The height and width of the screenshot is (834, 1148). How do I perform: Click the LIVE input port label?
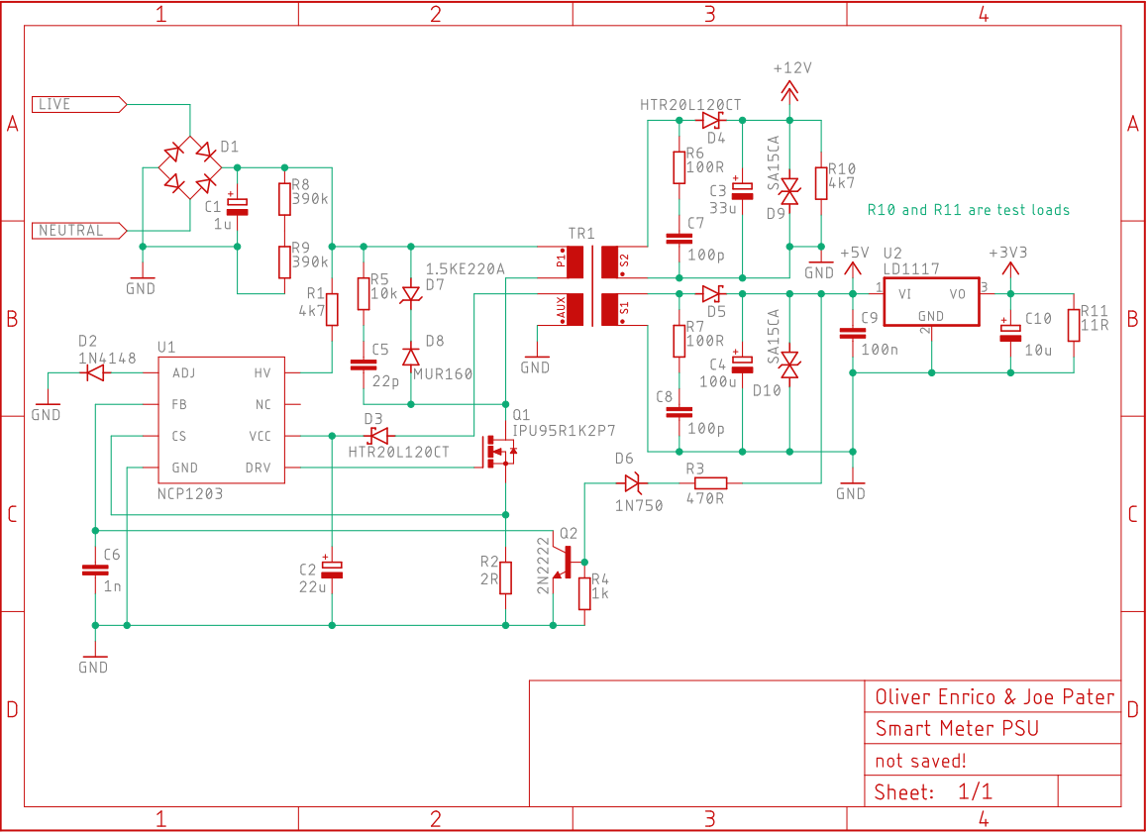tap(79, 105)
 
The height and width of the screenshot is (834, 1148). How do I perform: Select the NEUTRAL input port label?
tap(79, 231)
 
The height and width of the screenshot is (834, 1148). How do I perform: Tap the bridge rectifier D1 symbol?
tap(189, 167)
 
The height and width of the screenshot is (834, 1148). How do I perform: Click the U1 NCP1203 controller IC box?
tap(221, 420)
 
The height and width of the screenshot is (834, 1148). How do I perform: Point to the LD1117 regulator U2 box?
tap(931, 301)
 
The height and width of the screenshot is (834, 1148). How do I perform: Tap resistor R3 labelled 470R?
tap(710, 483)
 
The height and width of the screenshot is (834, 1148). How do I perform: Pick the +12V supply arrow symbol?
tap(789, 91)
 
